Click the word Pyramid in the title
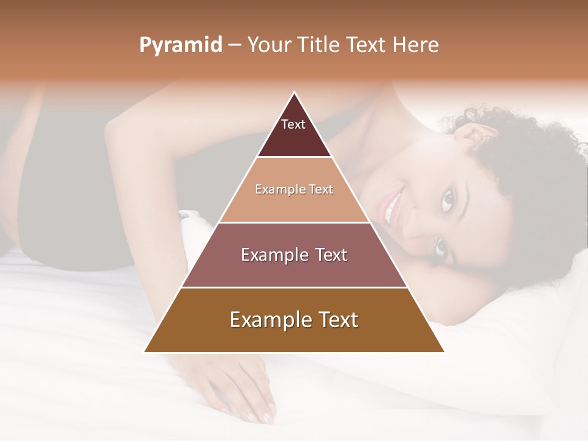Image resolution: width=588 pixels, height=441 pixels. (x=181, y=45)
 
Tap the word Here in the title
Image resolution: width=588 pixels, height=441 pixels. (x=417, y=45)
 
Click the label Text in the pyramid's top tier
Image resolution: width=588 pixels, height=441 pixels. (x=293, y=124)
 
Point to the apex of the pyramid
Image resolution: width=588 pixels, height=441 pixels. (x=295, y=93)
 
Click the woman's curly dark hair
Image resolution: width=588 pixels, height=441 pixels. (x=527, y=159)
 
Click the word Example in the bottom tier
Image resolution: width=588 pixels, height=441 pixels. (x=267, y=320)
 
